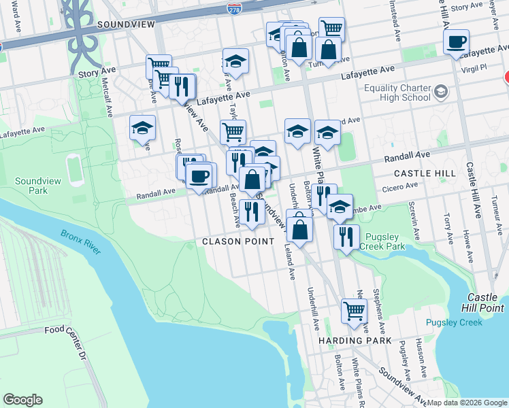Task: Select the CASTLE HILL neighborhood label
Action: pos(424,173)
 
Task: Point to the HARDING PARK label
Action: pos(355,339)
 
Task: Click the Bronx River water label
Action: pos(80,242)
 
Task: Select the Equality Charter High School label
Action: pos(397,92)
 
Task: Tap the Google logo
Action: pos(22,400)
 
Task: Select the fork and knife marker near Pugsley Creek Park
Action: pos(347,236)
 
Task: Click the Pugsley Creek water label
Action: pos(454,322)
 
